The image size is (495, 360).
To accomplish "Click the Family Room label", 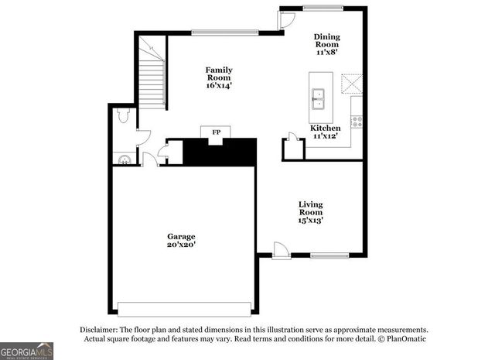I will (x=219, y=74).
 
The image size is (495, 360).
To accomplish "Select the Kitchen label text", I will (x=326, y=128).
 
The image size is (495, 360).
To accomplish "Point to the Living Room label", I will (x=311, y=207).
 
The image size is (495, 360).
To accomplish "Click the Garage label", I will (x=182, y=236).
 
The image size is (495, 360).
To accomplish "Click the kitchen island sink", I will (x=318, y=97).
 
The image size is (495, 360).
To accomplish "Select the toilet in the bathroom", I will (x=122, y=117).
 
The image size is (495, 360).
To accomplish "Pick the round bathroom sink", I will (x=123, y=159).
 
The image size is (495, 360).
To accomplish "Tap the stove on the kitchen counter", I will (x=357, y=121).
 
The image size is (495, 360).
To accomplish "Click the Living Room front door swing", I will (x=282, y=250).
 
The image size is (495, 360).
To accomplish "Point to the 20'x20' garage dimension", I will (x=182, y=245).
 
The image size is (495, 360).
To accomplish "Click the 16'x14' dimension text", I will (x=219, y=85).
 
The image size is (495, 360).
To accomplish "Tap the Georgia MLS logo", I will (x=27, y=350).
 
